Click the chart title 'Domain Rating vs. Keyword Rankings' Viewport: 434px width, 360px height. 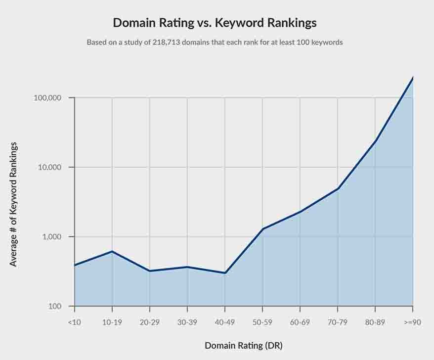(x=215, y=23)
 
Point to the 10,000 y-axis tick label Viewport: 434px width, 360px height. (x=49, y=167)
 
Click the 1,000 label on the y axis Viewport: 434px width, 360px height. (x=51, y=237)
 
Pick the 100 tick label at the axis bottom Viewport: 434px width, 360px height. (x=55, y=307)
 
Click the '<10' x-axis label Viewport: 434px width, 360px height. (x=74, y=322)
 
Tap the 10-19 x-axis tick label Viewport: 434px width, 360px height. (x=112, y=322)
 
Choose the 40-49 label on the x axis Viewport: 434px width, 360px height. (x=225, y=322)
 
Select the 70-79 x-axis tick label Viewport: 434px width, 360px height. (x=338, y=322)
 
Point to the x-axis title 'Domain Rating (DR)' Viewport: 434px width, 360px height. (x=244, y=345)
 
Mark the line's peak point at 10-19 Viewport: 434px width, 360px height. (x=112, y=252)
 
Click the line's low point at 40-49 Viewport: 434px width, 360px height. (x=225, y=273)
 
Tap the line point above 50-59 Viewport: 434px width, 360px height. (x=262, y=229)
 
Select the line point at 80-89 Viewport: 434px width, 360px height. (x=375, y=141)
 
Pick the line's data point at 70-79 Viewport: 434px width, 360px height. (x=338, y=188)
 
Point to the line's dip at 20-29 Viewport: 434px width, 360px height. (x=150, y=271)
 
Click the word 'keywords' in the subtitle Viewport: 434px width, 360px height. (x=327, y=43)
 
